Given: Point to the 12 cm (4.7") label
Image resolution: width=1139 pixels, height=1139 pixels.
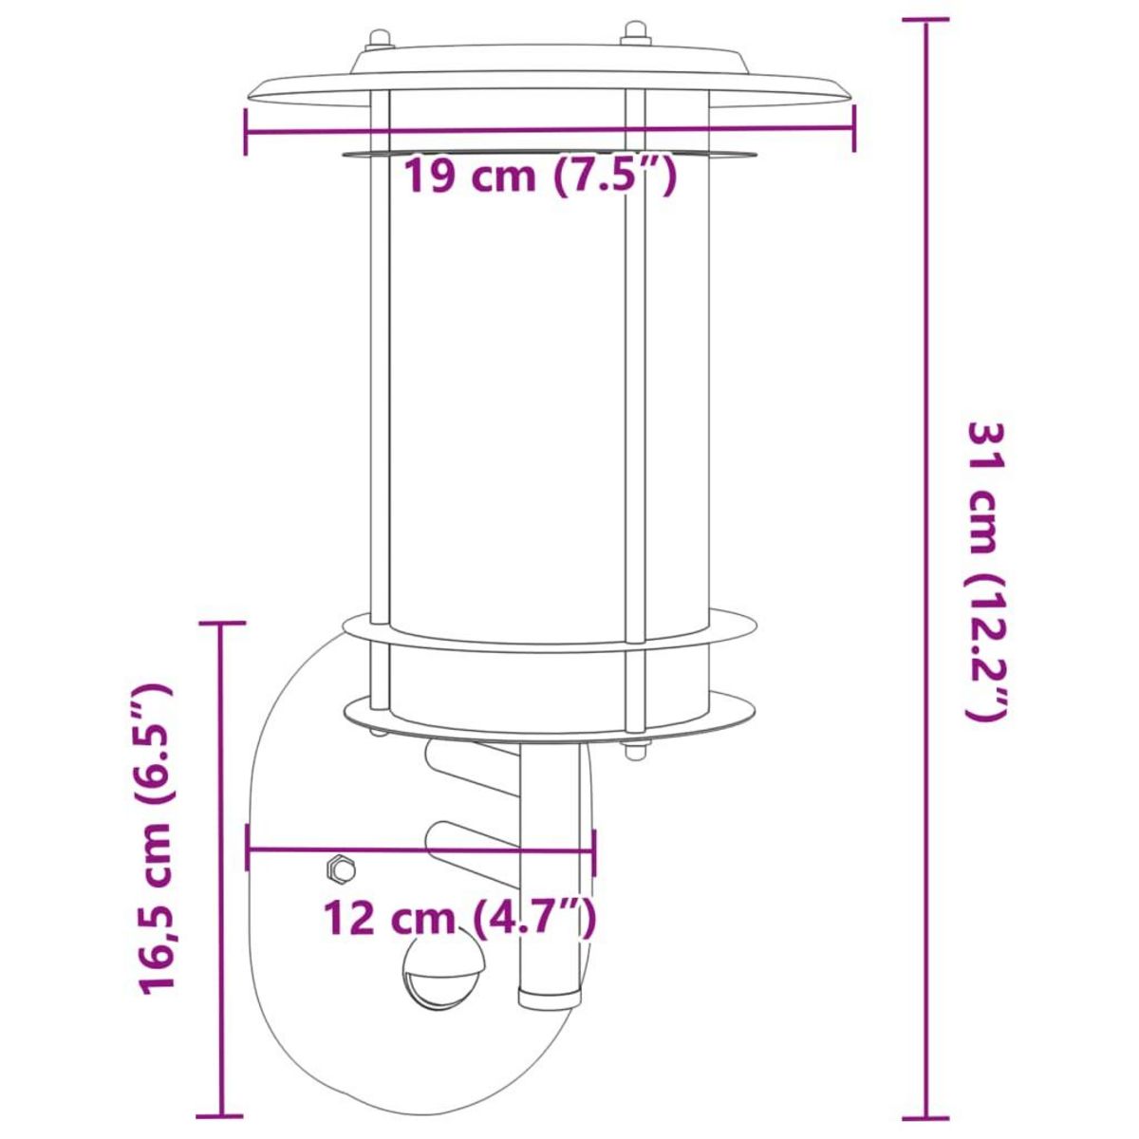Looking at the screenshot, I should pos(460,919).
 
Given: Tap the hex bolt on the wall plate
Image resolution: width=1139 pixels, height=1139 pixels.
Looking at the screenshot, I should pos(339,868).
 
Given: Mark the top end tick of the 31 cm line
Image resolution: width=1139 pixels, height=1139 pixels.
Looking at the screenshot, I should pos(925,20).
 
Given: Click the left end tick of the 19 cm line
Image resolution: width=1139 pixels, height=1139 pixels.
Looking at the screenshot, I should pos(246,131).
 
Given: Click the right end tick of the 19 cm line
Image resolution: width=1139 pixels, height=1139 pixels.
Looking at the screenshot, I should pos(854,128).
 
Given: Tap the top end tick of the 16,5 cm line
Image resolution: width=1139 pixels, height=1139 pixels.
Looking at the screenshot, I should pos(221,624).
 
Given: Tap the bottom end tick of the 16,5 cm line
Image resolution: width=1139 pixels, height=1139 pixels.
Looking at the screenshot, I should pos(221,1116).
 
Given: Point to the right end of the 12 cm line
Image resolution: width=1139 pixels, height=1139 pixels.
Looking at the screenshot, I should pos(594,850).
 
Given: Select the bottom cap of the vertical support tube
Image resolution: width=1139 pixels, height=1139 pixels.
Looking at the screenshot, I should pos(550,997).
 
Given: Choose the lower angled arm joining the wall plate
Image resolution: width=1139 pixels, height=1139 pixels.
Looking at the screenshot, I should pos(472,841).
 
